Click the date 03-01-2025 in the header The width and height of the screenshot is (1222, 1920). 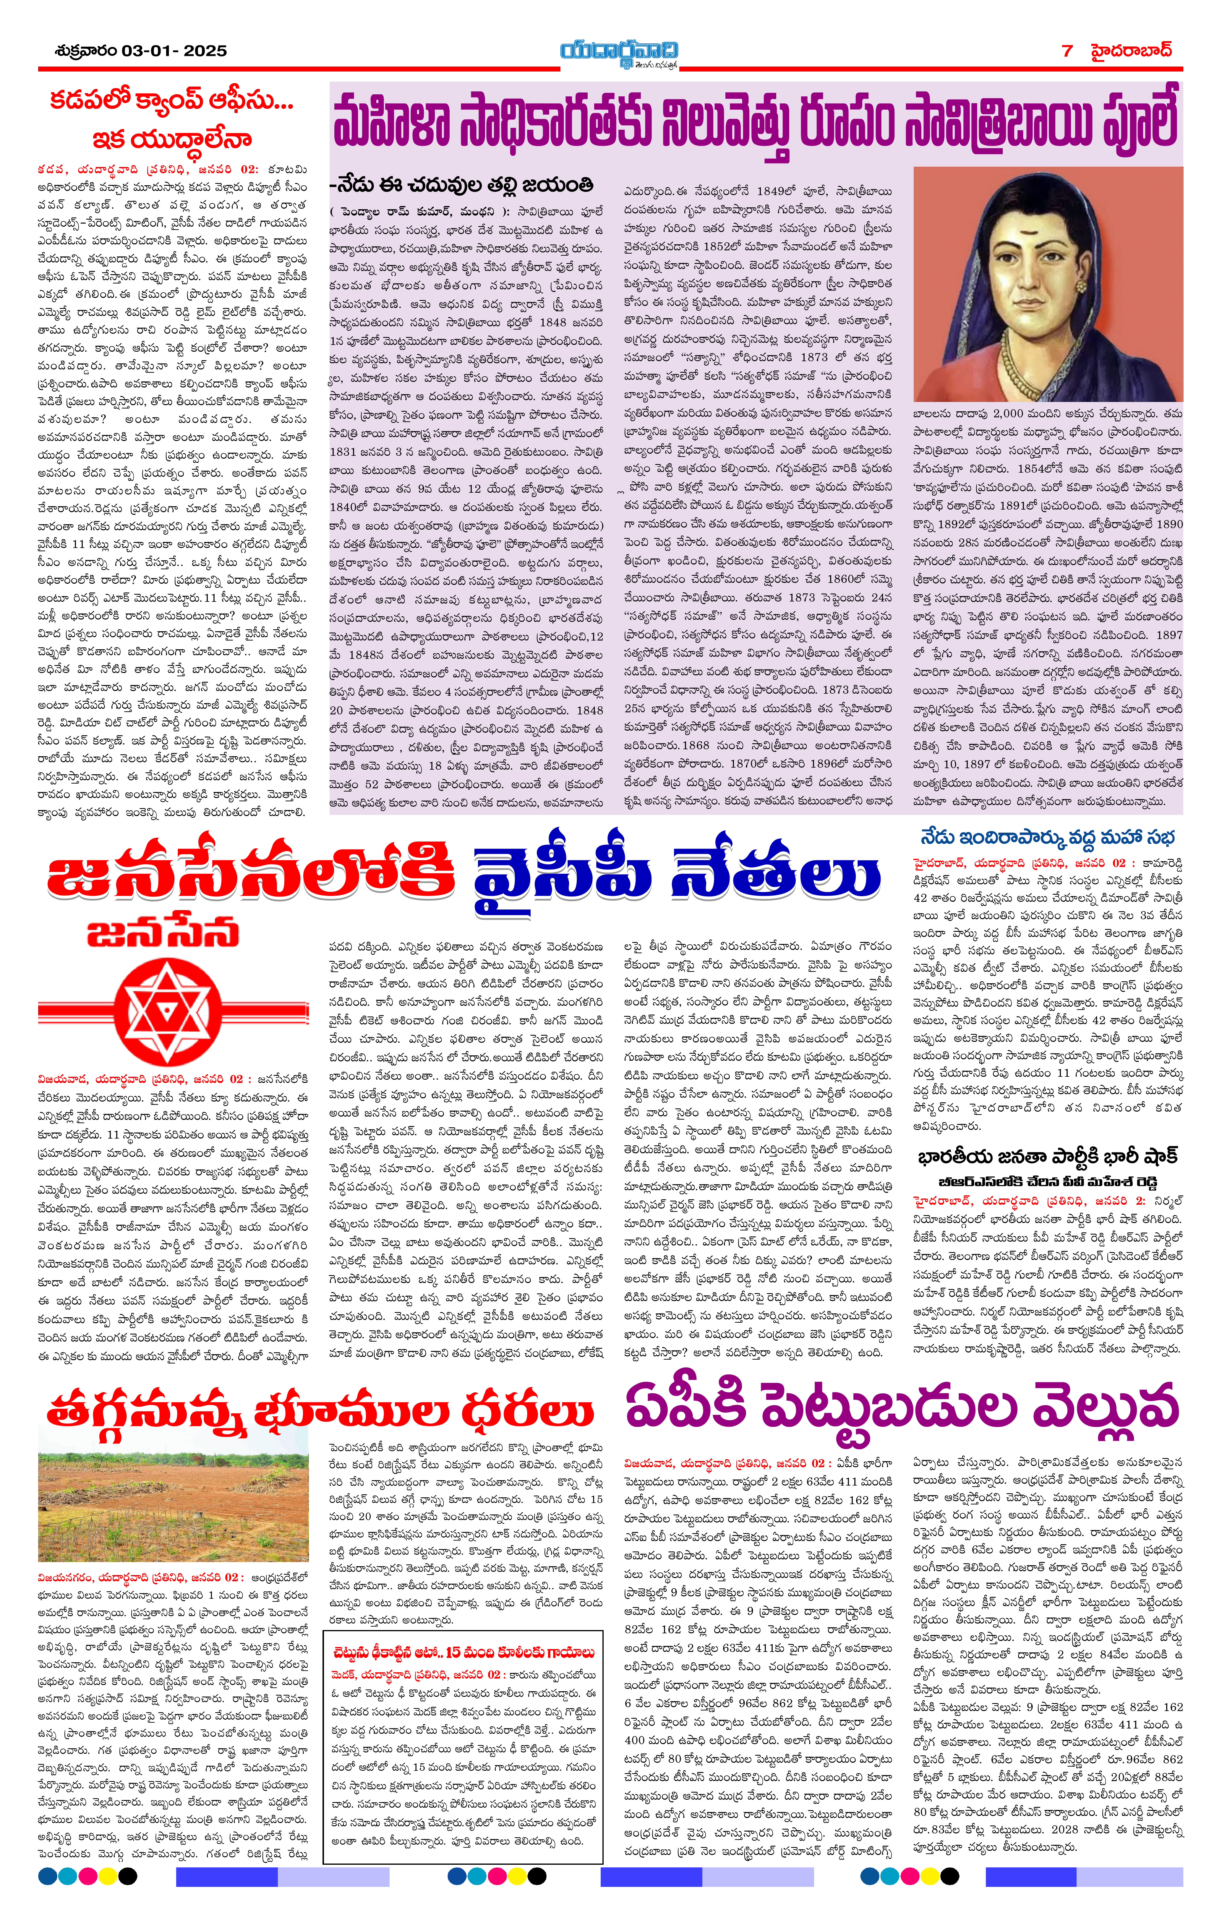point(174,51)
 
